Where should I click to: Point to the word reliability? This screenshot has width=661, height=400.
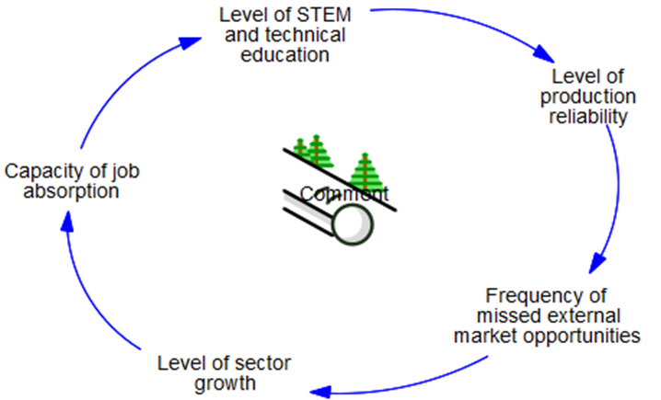coord(588,116)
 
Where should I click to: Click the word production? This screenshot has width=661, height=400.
coord(588,96)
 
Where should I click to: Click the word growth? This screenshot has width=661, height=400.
coord(218,380)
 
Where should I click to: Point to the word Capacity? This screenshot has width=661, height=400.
coord(41,171)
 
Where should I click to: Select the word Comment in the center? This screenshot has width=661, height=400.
coord(344,194)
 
